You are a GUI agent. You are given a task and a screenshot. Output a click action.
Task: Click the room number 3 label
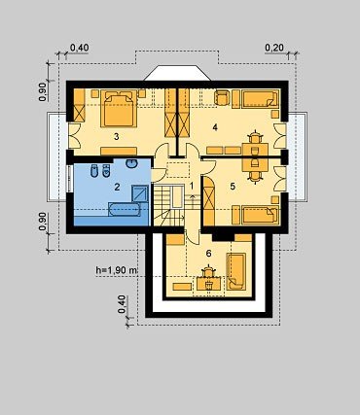coord(116,137)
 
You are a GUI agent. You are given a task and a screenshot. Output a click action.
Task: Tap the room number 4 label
coord(215,127)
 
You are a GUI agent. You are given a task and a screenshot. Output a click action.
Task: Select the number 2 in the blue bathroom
coord(117,187)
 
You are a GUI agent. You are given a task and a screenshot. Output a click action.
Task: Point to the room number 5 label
coord(232,187)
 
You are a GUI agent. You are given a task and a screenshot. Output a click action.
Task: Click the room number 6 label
coord(208,254)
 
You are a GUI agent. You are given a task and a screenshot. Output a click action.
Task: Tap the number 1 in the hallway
coord(192,186)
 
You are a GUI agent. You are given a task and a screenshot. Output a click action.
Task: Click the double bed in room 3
coord(119,108)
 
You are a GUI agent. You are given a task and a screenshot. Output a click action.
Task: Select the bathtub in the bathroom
coord(125,210)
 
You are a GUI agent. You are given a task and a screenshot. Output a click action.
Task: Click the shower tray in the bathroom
coord(140,194)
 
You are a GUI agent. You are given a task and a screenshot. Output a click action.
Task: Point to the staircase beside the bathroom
coord(168,205)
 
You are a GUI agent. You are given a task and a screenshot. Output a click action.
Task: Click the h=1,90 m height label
coord(117,270)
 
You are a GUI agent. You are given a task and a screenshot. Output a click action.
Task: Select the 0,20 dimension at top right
coord(274,48)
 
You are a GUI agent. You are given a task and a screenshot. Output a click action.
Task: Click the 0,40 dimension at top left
coord(79,48)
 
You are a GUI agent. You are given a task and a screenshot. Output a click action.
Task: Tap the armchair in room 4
coord(222,97)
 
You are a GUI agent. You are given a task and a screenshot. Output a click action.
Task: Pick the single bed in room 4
coord(261,99)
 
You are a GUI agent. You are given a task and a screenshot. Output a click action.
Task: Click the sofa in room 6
coord(235,271)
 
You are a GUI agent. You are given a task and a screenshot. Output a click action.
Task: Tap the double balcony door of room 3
coord(73,136)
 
